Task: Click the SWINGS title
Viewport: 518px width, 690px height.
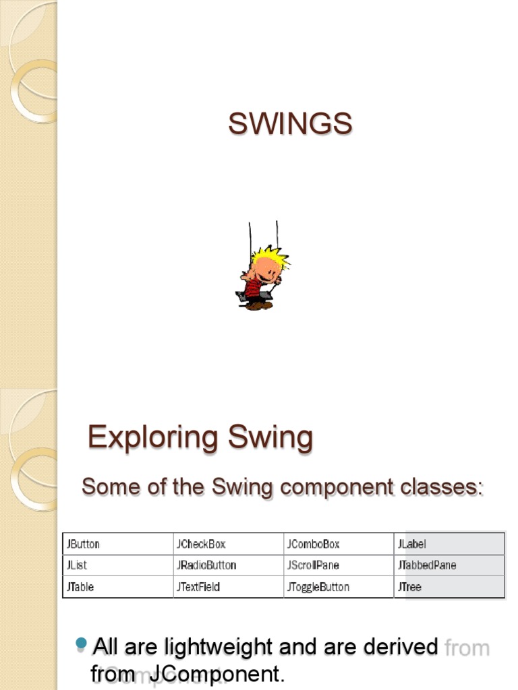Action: point(290,124)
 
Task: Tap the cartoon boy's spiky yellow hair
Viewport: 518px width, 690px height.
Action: point(270,256)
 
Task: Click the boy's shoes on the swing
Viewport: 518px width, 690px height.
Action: point(258,305)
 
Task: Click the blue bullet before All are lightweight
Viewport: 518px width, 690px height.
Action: point(82,644)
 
